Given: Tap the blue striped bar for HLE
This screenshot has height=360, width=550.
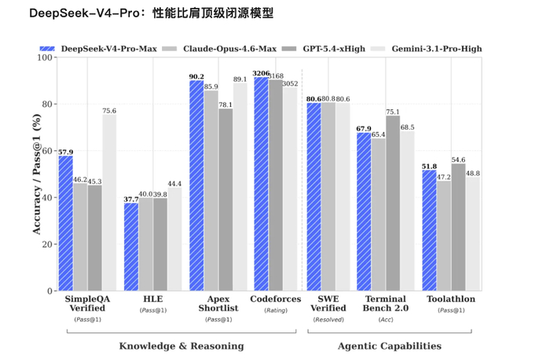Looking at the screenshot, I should [x=131, y=247].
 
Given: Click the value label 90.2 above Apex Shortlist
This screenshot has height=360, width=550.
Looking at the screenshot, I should [x=196, y=76].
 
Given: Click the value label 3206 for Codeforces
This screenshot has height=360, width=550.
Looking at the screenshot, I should [x=262, y=73].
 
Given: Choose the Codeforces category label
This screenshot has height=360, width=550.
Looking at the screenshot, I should [x=275, y=299].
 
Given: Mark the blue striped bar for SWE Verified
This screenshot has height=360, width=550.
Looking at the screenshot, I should [x=313, y=197].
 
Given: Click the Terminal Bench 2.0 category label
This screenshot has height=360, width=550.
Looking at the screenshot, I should [x=385, y=304].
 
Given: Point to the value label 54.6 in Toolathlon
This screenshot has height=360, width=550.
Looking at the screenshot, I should [x=458, y=160].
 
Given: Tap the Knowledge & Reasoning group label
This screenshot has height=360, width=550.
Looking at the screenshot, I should [x=181, y=346].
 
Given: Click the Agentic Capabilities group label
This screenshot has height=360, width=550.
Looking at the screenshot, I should [x=389, y=346].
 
